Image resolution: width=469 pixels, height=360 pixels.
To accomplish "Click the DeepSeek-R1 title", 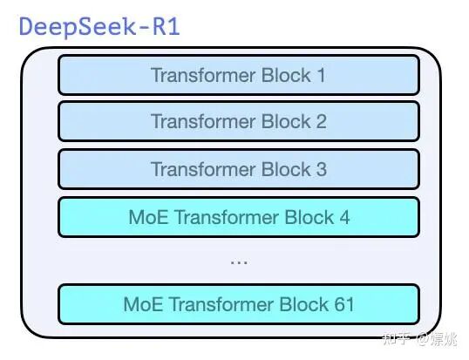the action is pyautogui.click(x=99, y=27).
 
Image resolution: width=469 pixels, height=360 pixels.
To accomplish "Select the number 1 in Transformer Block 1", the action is pyautogui.click(x=322, y=75).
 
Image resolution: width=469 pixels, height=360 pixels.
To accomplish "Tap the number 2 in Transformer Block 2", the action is pyautogui.click(x=322, y=122).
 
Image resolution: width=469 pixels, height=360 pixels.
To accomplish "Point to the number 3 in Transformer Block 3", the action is pyautogui.click(x=322, y=169).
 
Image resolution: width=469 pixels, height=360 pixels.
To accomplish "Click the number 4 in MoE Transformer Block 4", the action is pyautogui.click(x=344, y=217).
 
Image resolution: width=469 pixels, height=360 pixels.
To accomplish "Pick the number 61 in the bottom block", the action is pyautogui.click(x=344, y=304).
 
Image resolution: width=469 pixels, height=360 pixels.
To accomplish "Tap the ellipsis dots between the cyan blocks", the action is pyautogui.click(x=239, y=263).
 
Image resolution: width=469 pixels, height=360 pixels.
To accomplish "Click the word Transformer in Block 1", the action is pyautogui.click(x=203, y=75).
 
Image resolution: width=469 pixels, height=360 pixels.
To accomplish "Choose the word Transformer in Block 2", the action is pyautogui.click(x=203, y=122).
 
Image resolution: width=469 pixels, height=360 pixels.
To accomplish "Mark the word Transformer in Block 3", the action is pyautogui.click(x=203, y=169).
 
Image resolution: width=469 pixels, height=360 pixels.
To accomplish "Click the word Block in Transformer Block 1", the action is pyautogui.click(x=286, y=75).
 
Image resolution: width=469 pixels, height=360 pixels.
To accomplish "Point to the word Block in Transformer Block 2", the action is pyautogui.click(x=286, y=122).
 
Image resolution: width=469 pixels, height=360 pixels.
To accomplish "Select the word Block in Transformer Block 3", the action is pyautogui.click(x=286, y=169).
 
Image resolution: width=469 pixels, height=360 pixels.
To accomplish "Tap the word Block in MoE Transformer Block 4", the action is pyautogui.click(x=309, y=217).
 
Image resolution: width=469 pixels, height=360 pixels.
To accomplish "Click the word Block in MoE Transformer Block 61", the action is pyautogui.click(x=304, y=304).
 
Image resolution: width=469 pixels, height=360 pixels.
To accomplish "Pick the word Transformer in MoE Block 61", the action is pyautogui.click(x=221, y=304).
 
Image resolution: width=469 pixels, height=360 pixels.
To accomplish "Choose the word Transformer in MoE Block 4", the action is pyautogui.click(x=227, y=217).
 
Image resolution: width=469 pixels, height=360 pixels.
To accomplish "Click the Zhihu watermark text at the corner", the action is pyautogui.click(x=420, y=339).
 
